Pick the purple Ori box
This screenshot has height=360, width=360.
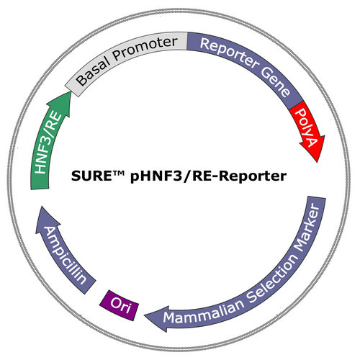120,305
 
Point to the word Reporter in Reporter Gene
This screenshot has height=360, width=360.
229,53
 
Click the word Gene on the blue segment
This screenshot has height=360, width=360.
276,81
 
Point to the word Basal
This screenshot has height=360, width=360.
92,71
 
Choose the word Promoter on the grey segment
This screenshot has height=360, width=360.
145,48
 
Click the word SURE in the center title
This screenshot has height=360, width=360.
92,176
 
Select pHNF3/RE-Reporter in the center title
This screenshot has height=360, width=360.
208,177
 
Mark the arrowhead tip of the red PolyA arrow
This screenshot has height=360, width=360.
318,163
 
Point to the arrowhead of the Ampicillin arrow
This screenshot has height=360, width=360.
45,217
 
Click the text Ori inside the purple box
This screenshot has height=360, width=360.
120,305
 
